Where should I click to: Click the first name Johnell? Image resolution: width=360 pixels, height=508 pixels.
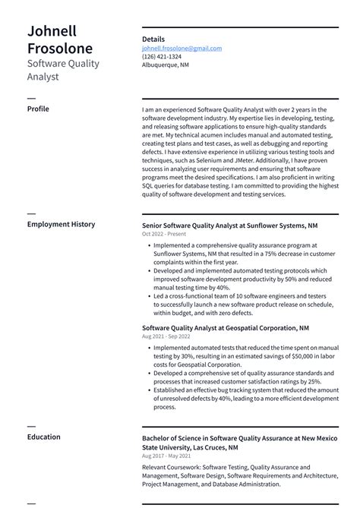pos(52,31)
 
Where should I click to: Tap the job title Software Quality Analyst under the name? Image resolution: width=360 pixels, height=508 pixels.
pos(63,70)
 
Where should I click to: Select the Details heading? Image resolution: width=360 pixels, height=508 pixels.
pos(153,39)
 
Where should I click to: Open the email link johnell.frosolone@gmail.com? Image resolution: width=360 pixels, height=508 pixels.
pos(182,48)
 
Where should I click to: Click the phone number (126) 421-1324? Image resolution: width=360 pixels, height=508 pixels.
pos(161,56)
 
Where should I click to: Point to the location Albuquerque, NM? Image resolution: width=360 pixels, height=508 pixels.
pos(166,65)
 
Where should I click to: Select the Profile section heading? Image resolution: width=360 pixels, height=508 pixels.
pos(38,109)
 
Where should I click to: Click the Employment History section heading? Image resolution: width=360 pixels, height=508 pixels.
pos(61,224)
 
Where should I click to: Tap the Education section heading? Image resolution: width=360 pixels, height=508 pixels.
pos(43,437)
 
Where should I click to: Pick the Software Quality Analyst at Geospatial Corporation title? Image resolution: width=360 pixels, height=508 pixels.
pos(225,327)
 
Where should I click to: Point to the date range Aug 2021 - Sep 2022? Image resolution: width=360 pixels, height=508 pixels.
pos(166,336)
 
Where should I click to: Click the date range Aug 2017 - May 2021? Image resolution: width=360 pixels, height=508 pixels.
pos(166,456)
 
